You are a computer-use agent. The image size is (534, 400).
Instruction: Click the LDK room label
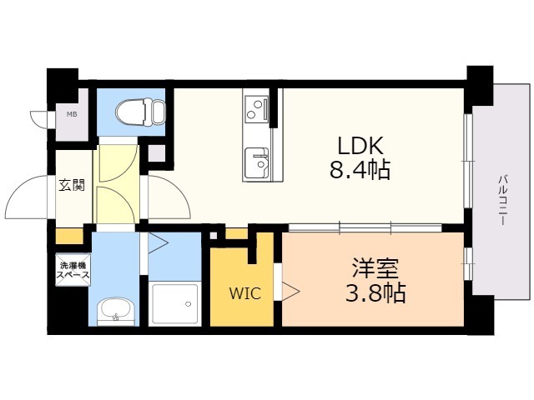tap(360, 146)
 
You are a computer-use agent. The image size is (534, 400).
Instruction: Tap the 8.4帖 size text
tap(360, 169)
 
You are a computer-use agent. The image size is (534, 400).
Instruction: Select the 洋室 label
tap(375, 268)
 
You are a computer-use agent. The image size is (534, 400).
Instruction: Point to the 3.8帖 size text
tap(375, 292)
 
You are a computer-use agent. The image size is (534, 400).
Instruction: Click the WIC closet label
tap(245, 293)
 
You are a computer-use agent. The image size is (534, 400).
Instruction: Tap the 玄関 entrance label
tap(72, 185)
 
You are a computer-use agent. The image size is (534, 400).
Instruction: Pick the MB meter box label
tap(72, 115)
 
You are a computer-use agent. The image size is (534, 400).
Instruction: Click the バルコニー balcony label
tap(502, 200)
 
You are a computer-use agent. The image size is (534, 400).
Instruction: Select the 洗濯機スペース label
tap(73, 270)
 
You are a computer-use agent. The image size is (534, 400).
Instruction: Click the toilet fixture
tap(140, 112)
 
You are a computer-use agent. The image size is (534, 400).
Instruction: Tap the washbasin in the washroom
tap(116, 310)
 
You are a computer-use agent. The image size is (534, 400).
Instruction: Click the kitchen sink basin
tap(256, 163)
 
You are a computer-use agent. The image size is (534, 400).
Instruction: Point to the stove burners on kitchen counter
tap(256, 107)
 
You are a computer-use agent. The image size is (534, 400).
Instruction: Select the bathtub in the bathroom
tap(175, 303)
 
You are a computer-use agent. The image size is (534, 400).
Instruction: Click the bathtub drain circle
tap(188, 303)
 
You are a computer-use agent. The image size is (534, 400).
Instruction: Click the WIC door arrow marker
tap(290, 291)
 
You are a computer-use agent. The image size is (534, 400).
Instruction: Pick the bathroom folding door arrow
tap(159, 242)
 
